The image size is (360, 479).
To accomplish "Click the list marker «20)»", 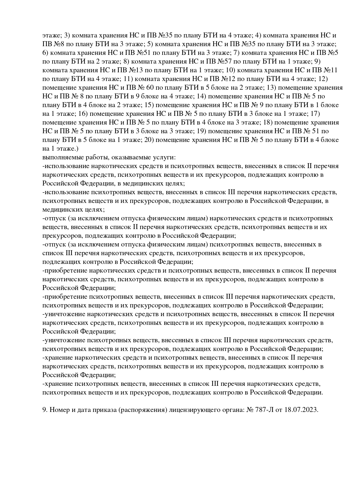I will pyautogui.click(x=148, y=140).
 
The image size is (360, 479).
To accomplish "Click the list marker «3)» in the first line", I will pyautogui.click(x=67, y=35).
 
